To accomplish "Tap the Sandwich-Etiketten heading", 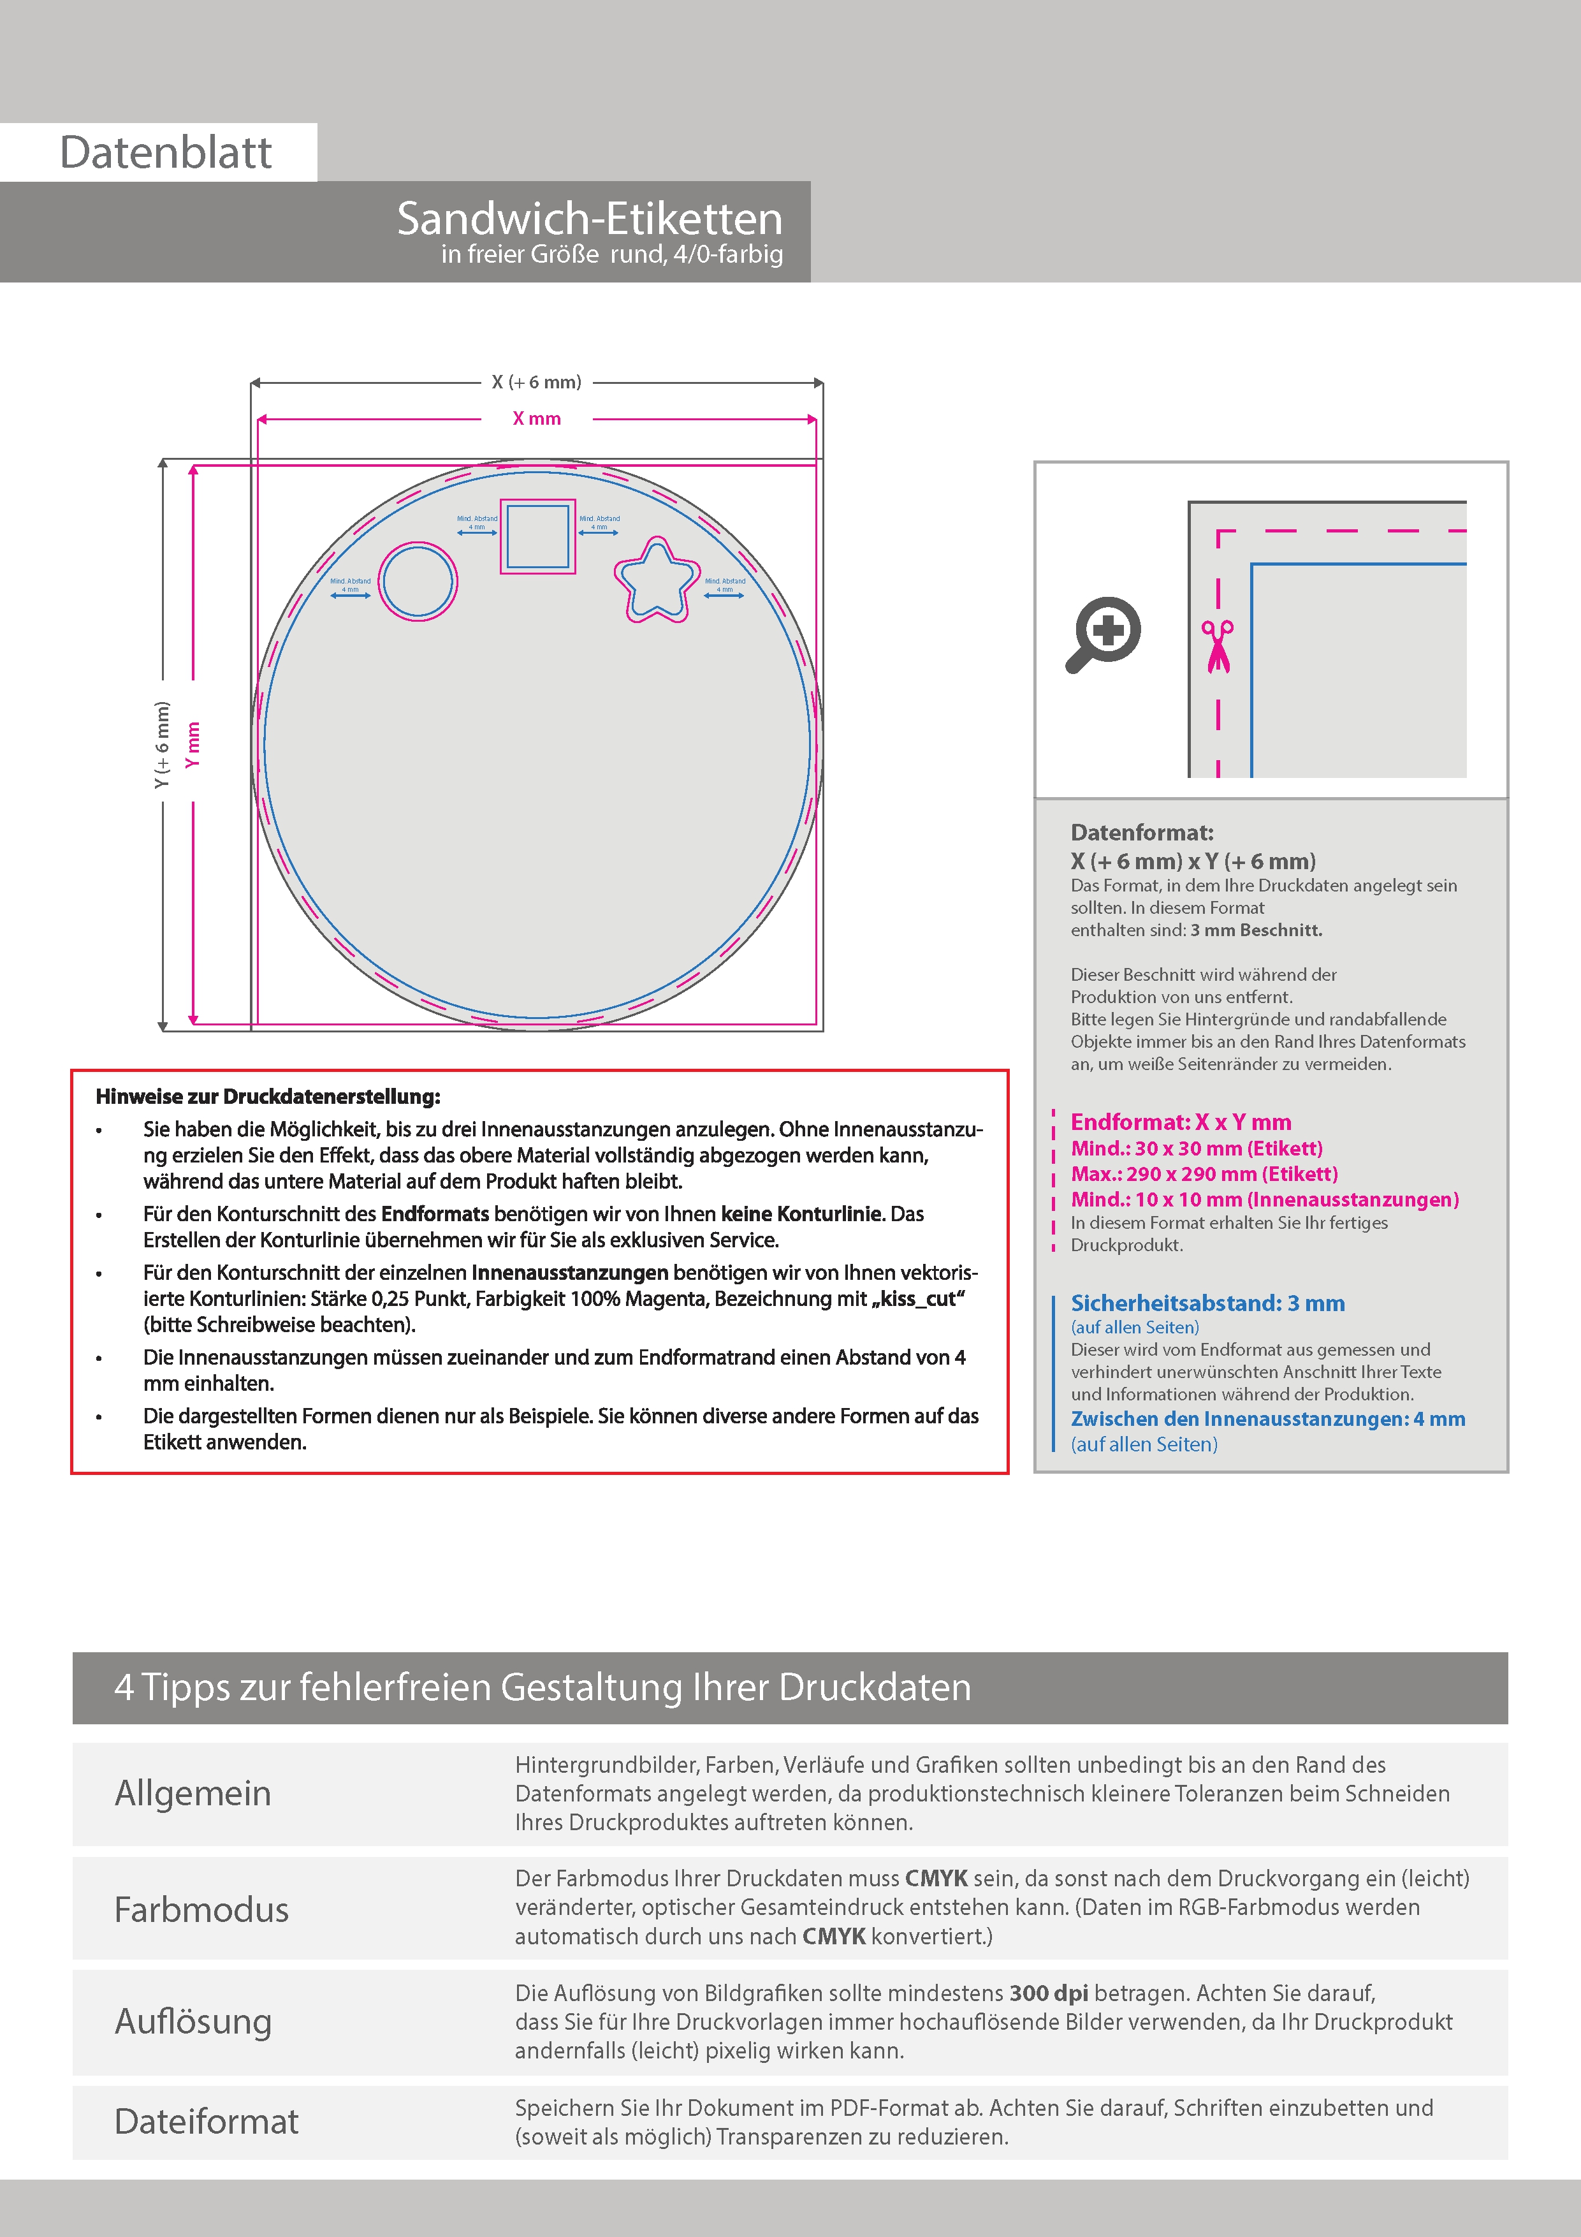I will pyautogui.click(x=589, y=218).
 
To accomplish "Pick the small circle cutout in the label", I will pyautogui.click(x=418, y=582).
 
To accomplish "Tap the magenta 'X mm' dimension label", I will pyautogui.click(x=537, y=419).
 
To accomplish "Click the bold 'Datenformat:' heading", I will pyautogui.click(x=1142, y=833).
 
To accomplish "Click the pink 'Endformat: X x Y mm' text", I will pyautogui.click(x=1181, y=1122).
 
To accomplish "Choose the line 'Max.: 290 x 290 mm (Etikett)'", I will pyautogui.click(x=1204, y=1174).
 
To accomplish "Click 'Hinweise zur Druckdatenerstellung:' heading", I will pyautogui.click(x=268, y=1097).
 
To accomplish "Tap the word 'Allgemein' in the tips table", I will pyautogui.click(x=193, y=1794).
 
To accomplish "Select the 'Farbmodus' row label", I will pyautogui.click(x=201, y=1910).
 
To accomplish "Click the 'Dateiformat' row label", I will pyautogui.click(x=207, y=2122).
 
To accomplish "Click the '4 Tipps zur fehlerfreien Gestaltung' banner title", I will pyautogui.click(x=543, y=1687).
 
